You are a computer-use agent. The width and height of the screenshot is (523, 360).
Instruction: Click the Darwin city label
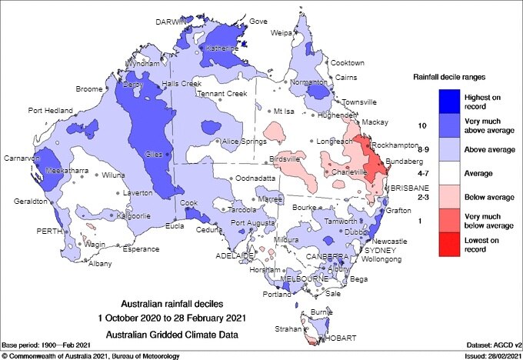171,23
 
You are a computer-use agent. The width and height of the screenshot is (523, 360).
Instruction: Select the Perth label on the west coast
49,230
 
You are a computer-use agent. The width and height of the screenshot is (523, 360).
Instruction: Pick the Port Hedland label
51,111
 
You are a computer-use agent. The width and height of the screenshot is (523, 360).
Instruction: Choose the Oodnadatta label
255,178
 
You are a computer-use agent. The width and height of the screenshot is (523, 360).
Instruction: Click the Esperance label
141,249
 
